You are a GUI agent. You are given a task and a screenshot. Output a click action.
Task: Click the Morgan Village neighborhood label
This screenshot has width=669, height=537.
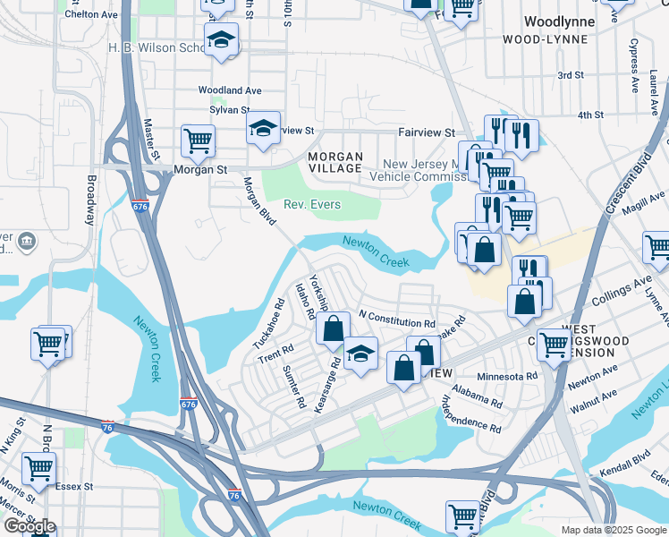(x=335, y=163)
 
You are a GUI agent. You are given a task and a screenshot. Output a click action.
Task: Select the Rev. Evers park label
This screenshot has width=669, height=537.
(x=312, y=205)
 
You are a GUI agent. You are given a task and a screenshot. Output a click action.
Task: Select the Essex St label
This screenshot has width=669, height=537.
(x=74, y=487)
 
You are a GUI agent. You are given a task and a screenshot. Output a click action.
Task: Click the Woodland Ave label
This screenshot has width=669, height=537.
(x=229, y=90)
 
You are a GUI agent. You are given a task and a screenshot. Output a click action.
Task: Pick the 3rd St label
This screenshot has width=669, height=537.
(x=571, y=76)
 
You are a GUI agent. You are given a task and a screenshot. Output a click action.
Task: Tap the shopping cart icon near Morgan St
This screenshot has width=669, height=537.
(x=198, y=141)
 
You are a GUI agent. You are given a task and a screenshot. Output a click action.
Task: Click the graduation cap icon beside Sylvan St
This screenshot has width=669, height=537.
(x=264, y=129)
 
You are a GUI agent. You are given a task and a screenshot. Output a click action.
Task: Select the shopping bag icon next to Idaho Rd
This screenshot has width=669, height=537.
(x=333, y=329)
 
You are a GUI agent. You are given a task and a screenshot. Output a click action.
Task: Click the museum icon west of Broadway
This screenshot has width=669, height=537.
(x=26, y=241)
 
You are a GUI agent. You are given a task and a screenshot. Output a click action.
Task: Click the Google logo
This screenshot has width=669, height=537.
(x=30, y=525)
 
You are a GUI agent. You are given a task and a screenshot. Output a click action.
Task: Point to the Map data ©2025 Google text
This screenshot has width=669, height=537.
(x=613, y=530)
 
